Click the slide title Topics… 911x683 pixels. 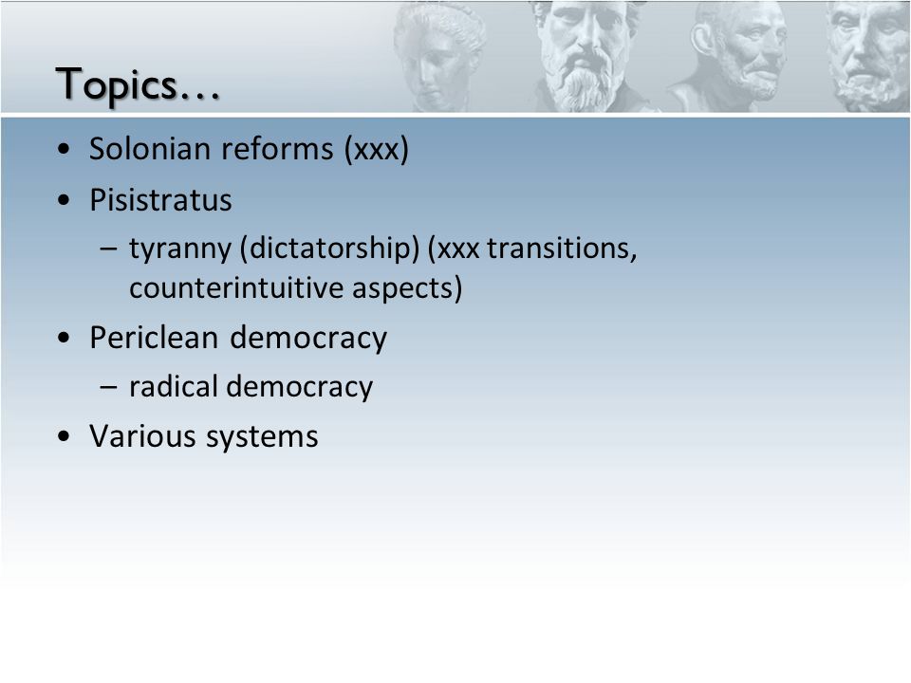point(138,85)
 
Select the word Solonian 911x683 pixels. point(149,149)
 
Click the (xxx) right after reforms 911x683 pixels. point(377,149)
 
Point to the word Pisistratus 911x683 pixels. point(160,200)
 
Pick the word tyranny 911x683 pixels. point(180,249)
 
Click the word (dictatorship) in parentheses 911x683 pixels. point(330,249)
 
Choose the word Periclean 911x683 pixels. point(154,338)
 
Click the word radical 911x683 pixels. point(173,387)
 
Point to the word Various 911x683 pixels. point(143,436)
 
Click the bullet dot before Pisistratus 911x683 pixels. point(64,201)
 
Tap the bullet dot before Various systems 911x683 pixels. point(64,436)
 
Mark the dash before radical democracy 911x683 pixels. point(108,386)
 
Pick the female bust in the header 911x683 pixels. point(438,57)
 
